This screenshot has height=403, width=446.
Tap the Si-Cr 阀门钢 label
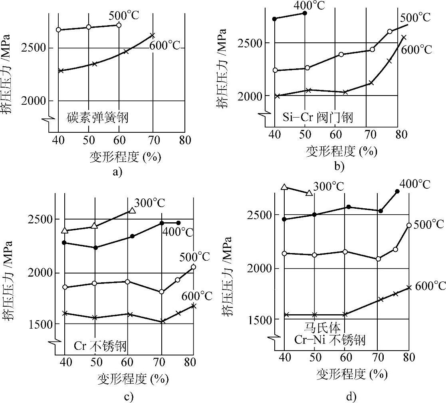pos(318,118)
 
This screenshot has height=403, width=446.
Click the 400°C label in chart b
pos(309,5)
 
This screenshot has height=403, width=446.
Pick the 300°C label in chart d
pos(329,186)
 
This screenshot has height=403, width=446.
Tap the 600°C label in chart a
pos(165,45)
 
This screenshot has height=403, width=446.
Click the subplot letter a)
pos(117,172)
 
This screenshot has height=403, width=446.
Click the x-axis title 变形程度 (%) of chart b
pos(341,151)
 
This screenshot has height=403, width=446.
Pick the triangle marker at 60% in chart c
pos(132,210)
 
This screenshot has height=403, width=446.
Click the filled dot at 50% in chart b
pos(305,13)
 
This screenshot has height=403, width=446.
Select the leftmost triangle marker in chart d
pos(284,187)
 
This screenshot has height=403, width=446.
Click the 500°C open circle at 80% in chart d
pos(409,225)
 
